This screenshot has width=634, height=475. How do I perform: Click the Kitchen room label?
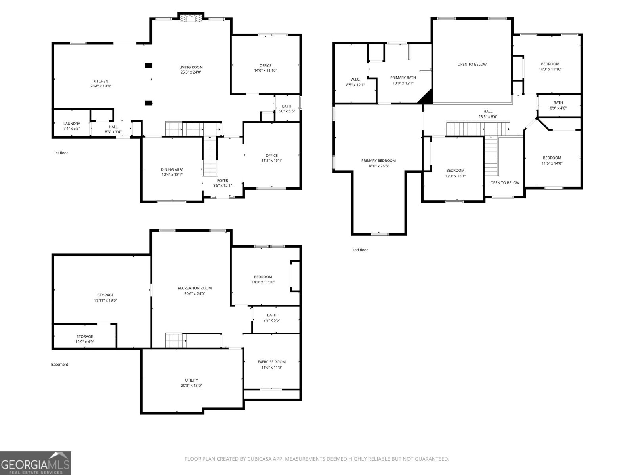(101, 81)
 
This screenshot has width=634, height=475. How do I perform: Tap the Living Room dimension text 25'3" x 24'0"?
(191, 72)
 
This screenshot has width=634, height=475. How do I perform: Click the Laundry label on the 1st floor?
(72, 123)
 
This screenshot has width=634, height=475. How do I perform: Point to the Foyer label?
(222, 180)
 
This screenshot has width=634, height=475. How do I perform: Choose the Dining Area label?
(172, 170)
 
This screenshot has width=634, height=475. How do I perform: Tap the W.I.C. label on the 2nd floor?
(355, 79)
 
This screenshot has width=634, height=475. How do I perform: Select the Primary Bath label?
(403, 78)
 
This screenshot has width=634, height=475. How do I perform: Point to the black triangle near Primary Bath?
(427, 97)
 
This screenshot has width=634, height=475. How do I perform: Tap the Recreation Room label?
(195, 288)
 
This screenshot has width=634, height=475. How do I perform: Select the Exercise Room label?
(271, 362)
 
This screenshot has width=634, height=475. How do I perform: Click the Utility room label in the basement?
(191, 380)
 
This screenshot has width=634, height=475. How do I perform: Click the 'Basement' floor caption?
(59, 365)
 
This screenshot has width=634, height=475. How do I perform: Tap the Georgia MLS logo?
(35, 463)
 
